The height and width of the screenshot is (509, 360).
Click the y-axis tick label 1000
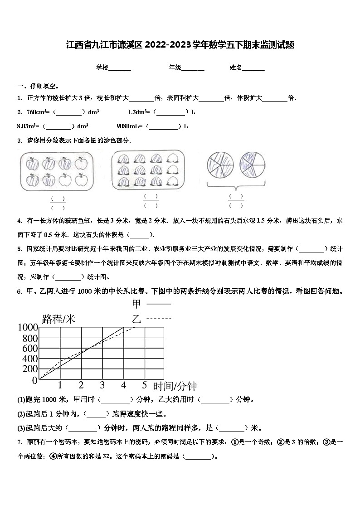(x=28, y=327)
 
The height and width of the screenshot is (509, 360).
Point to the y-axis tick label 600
(x=30, y=349)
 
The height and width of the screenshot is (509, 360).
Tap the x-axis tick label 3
(x=102, y=385)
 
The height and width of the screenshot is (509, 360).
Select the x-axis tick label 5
(x=144, y=385)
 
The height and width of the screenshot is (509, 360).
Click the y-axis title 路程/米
(x=58, y=319)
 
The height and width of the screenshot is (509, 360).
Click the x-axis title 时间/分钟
(x=175, y=386)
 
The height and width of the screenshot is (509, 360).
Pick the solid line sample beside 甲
(x=159, y=304)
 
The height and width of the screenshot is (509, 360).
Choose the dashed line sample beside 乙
(x=159, y=319)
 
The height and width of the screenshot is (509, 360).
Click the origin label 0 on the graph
(x=35, y=380)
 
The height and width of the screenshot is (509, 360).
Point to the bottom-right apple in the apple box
(x=81, y=180)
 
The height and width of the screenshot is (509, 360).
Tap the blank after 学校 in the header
(x=120, y=68)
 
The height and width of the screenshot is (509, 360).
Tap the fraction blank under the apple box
(x=58, y=203)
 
